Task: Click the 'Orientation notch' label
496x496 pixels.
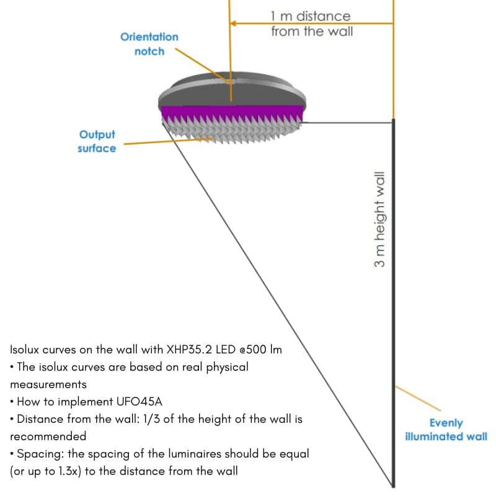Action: pos(149,44)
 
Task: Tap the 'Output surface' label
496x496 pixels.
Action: pos(97,141)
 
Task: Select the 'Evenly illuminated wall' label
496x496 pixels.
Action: pos(446,430)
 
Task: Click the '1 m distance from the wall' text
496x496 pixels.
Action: pos(311,24)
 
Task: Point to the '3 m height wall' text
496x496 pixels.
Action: pos(379,220)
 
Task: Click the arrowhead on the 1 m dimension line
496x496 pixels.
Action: pos(234,24)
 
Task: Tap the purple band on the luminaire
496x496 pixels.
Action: pos(232,113)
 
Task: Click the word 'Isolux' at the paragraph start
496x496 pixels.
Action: pos(25,350)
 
